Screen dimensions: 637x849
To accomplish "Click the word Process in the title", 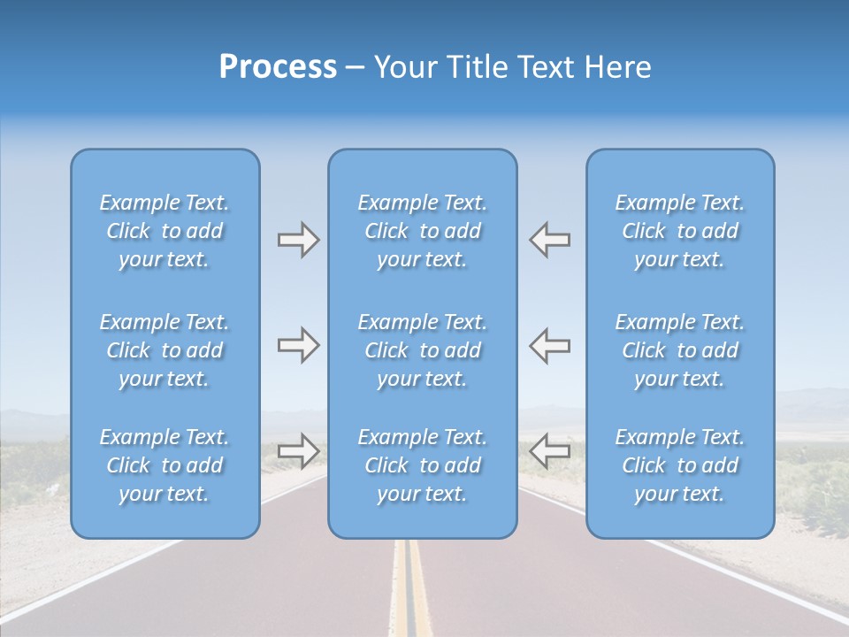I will point(278,67).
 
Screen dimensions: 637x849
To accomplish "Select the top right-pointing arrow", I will point(298,240).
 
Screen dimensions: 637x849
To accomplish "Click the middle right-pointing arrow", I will point(298,346).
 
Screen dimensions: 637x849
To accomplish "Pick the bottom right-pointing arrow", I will point(298,451).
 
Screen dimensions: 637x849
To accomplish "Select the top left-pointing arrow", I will point(550,240).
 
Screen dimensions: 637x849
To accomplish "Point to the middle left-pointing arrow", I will point(550,346).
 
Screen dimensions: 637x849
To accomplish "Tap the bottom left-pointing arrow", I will point(550,451).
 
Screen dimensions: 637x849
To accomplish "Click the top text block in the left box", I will point(164,231).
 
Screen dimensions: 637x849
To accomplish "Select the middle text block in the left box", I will point(164,350).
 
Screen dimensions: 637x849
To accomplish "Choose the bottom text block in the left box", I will point(164,465).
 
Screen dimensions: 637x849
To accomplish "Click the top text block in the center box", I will point(422,231).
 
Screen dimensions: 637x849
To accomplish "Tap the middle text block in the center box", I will point(422,350).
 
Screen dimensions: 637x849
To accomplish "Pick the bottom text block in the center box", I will point(422,465).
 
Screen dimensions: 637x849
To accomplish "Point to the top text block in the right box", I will point(680,231).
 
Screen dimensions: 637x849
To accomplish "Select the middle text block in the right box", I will point(680,350).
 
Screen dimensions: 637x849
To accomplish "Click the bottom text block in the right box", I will point(680,465).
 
